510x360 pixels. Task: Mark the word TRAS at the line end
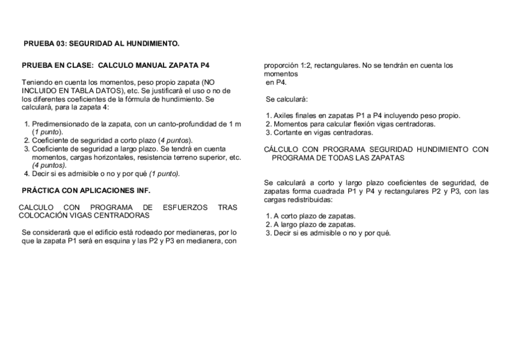[227, 207]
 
